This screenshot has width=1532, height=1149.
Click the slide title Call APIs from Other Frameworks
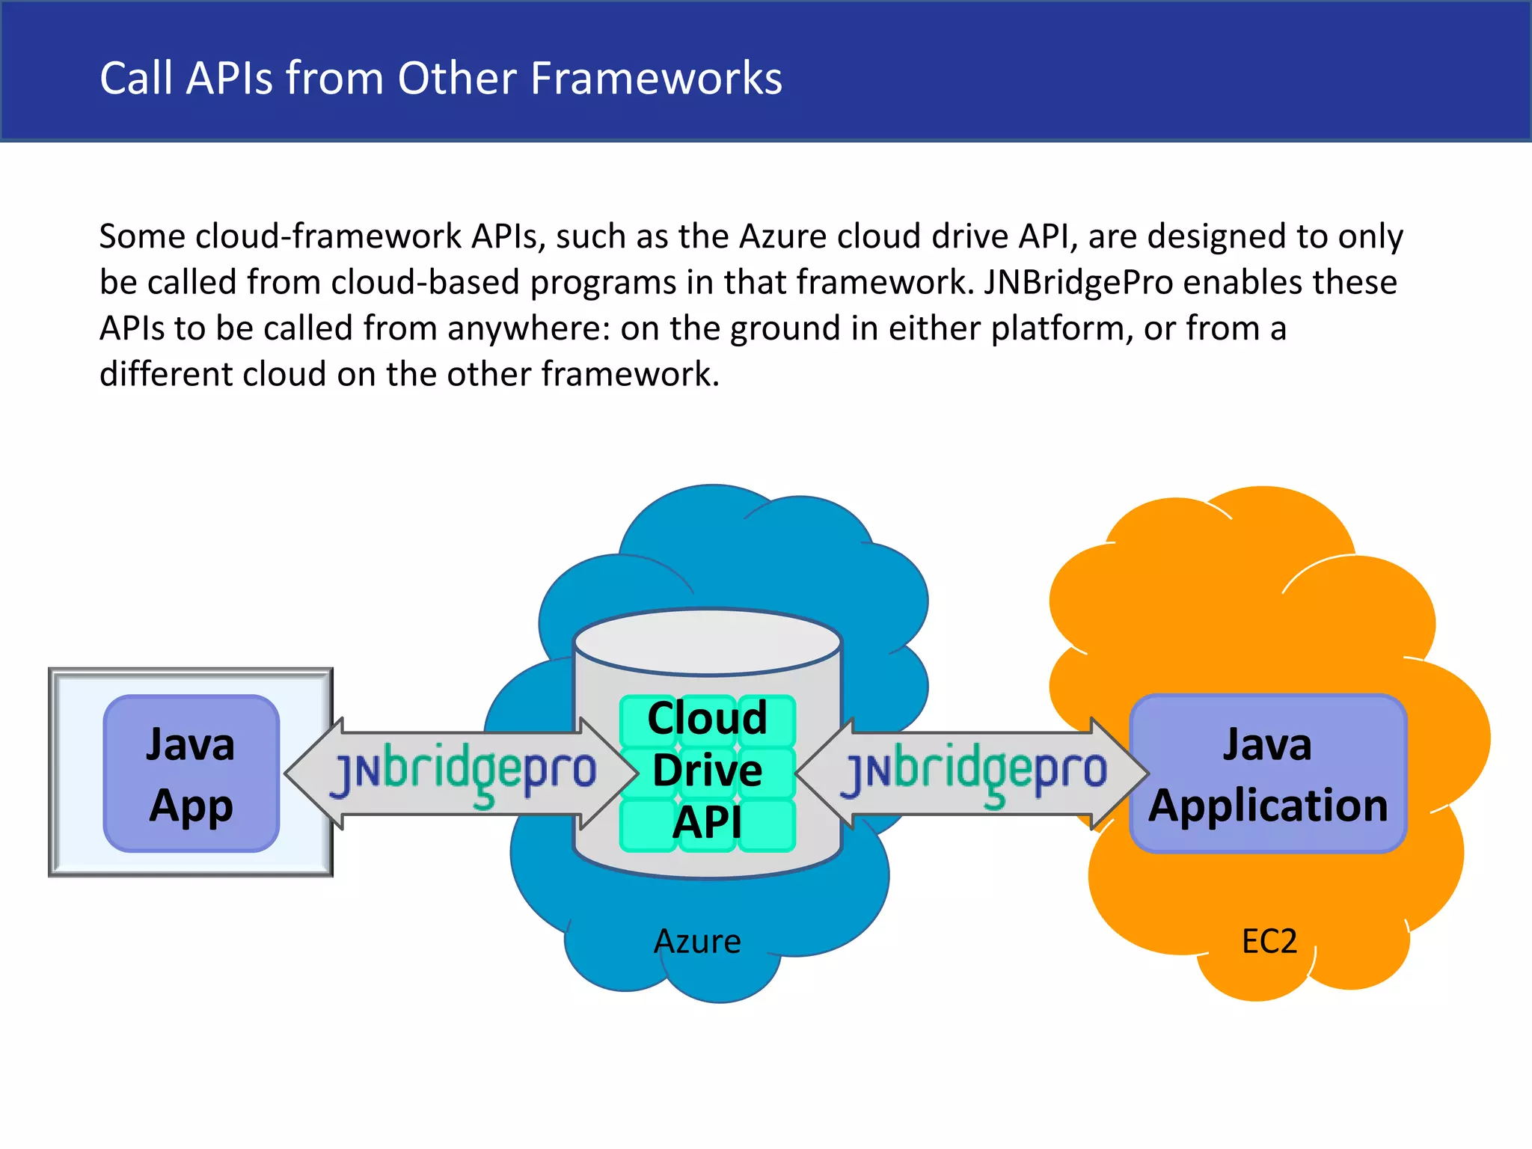[441, 78]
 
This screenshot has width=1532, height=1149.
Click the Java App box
[191, 773]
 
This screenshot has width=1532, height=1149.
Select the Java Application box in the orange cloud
[1268, 773]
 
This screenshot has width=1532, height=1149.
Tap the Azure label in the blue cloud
[697, 941]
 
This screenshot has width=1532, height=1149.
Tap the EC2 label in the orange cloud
[1269, 941]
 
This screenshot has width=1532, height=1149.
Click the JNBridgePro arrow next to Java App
[462, 773]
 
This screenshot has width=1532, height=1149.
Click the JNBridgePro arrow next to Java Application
[972, 773]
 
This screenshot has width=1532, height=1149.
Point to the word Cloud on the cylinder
[707, 717]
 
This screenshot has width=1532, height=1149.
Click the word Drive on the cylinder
[707, 770]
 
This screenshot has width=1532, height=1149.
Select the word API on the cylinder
[707, 823]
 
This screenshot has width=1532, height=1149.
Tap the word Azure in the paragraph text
[782, 236]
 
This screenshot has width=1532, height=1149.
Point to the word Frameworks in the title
[656, 78]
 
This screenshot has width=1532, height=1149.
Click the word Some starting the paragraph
[142, 236]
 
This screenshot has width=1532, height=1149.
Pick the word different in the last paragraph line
[165, 374]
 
